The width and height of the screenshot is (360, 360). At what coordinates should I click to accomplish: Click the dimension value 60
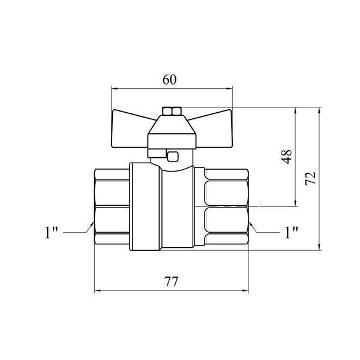170,80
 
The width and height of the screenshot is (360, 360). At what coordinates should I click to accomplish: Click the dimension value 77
171,281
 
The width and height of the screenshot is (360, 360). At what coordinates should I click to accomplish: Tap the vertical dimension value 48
287,157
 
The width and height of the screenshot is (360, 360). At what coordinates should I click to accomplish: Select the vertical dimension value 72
310,178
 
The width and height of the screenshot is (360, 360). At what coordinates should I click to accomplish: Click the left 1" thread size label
51,232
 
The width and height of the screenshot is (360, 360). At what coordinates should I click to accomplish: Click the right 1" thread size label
291,232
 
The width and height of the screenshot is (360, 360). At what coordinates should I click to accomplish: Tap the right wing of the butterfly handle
212,128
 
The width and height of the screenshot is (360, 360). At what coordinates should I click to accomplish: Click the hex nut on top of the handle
172,111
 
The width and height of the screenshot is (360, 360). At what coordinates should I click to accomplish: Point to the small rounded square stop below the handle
173,157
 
